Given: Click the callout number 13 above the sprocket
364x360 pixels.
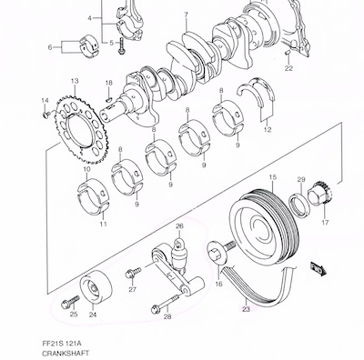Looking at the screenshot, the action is [x=75, y=81].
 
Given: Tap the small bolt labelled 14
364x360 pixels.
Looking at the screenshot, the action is [x=46, y=115].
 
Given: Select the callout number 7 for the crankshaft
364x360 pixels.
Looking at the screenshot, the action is [x=186, y=15].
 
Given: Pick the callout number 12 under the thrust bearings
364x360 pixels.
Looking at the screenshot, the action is [x=268, y=130].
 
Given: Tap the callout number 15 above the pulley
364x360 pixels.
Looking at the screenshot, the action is [x=273, y=177].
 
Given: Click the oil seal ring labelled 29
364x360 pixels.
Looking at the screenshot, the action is [x=300, y=205].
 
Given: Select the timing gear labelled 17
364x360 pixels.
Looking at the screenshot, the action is [x=320, y=195].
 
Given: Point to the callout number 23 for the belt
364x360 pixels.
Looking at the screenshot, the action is [x=246, y=309].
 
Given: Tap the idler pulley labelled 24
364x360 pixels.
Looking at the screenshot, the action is [x=96, y=285].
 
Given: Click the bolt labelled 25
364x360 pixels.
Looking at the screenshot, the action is [x=70, y=303].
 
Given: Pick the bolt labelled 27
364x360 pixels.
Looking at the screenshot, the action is [x=133, y=272].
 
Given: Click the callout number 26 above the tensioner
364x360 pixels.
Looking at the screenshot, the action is [x=179, y=226].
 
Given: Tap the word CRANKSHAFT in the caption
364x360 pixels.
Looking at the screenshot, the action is [x=66, y=353].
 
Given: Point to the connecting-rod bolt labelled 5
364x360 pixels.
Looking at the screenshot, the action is [x=122, y=46].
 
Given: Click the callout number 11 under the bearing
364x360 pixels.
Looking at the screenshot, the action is [x=103, y=224].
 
